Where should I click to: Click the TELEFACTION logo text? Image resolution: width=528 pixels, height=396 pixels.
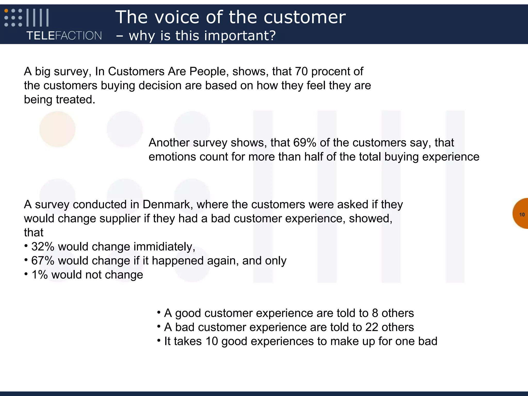[64, 36]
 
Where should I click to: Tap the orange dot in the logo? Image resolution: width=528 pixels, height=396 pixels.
[6, 11]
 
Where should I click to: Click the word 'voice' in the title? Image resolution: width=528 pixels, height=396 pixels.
[177, 17]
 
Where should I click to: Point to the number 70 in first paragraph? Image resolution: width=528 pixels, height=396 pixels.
[301, 71]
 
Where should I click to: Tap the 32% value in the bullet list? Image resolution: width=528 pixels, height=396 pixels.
[43, 247]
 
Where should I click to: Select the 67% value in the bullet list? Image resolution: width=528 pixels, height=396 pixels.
[43, 261]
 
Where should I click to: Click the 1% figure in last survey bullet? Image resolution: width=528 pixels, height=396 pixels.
[39, 275]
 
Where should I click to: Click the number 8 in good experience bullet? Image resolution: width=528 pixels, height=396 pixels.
[375, 313]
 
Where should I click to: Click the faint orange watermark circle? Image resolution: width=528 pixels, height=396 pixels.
[57, 129]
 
